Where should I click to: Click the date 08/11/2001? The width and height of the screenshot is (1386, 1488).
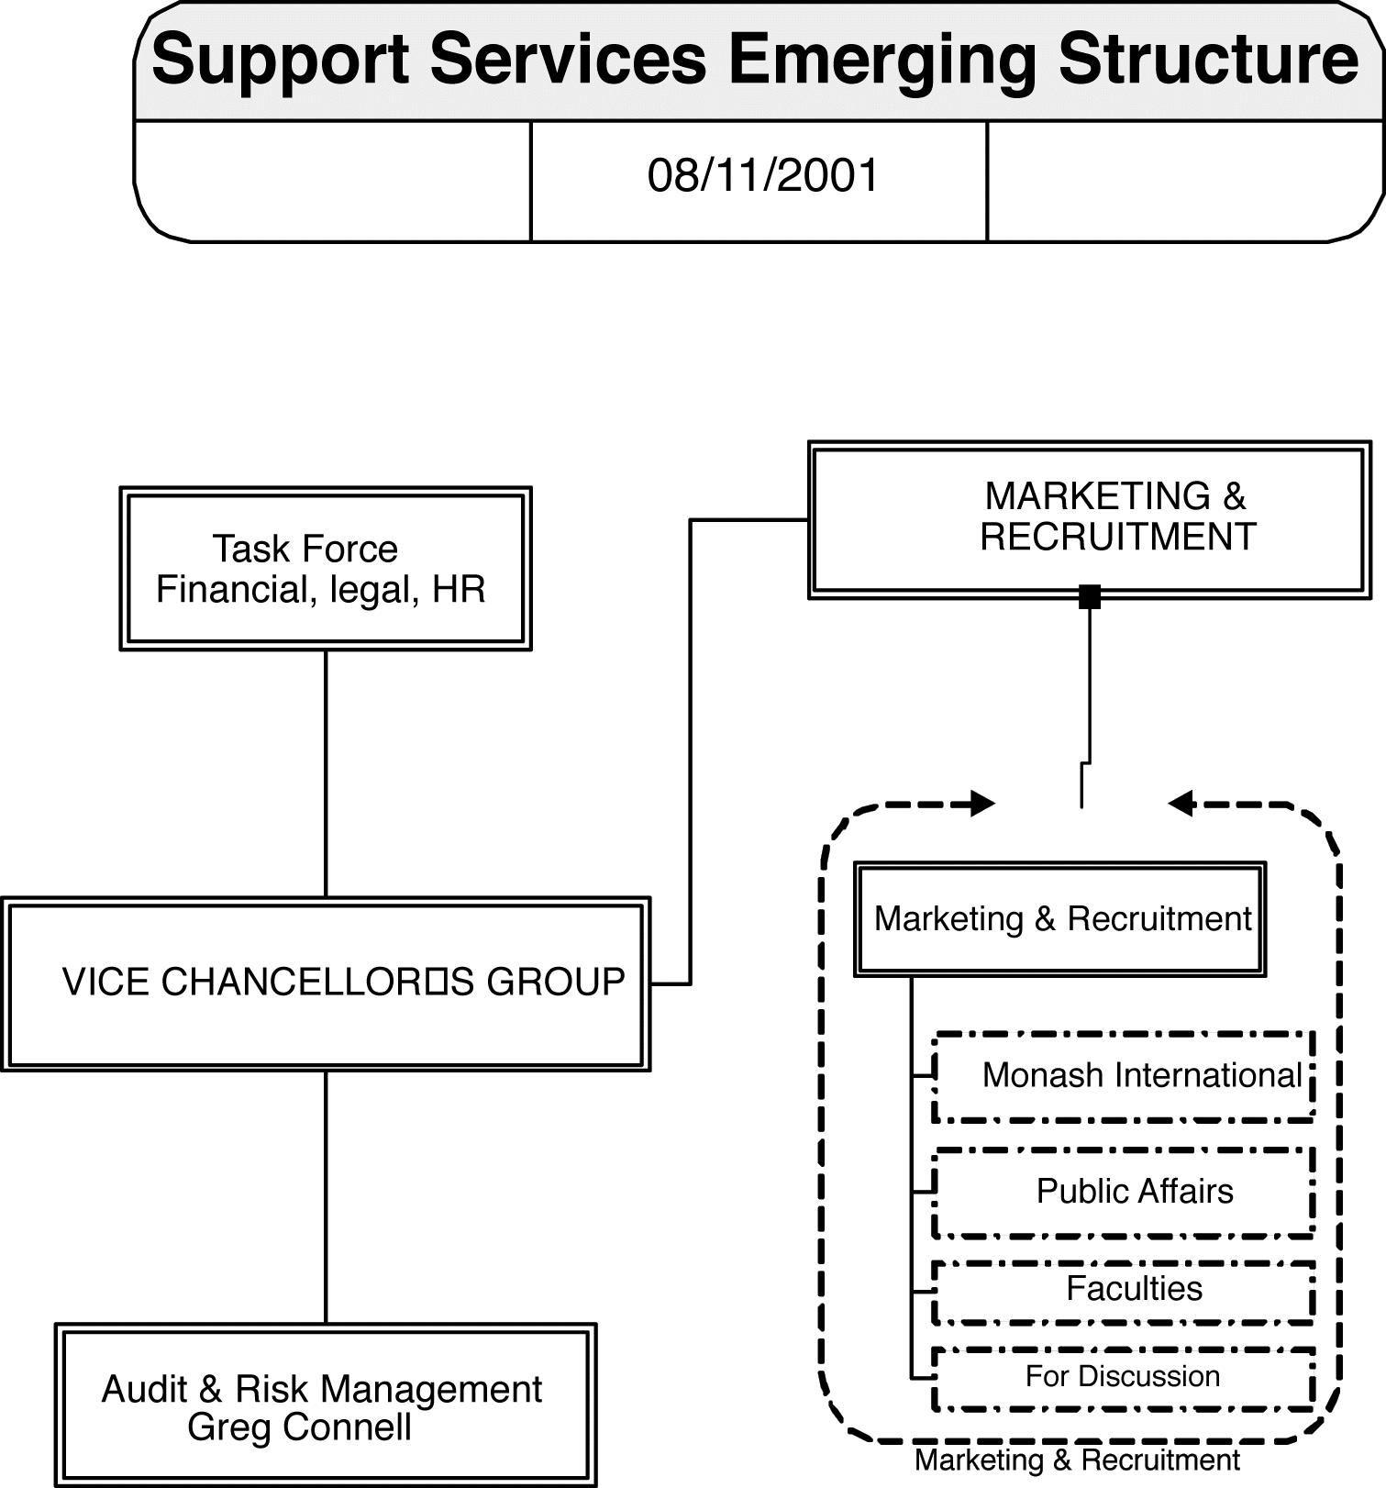point(762,176)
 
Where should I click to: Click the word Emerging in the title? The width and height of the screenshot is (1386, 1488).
point(881,60)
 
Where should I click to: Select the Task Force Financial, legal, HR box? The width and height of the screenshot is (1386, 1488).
point(326,569)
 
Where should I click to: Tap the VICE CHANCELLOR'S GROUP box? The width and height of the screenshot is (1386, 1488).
point(326,983)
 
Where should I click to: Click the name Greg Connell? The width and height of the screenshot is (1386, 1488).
point(299,1427)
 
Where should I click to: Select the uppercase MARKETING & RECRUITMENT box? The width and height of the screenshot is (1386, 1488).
point(1089,520)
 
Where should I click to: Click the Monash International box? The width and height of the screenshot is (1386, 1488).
point(1124,1076)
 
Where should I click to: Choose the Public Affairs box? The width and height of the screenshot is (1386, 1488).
point(1124,1192)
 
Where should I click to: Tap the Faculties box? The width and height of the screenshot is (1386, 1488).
point(1124,1291)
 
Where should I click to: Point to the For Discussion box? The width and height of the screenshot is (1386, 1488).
point(1124,1377)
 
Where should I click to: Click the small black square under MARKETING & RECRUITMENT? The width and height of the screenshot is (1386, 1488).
point(1090,597)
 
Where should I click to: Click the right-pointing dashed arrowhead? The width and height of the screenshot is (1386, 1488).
point(983,804)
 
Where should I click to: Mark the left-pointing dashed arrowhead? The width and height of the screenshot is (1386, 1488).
point(1181,804)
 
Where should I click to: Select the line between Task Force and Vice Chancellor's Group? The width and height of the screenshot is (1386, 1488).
point(326,773)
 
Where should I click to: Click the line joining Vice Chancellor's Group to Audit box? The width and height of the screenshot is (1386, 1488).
point(326,1196)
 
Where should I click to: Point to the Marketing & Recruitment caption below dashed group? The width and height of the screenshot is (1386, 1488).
point(1077,1460)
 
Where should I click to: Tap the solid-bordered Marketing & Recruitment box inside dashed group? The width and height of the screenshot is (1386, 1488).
point(1060,918)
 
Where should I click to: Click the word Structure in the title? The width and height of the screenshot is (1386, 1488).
point(1208,60)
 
